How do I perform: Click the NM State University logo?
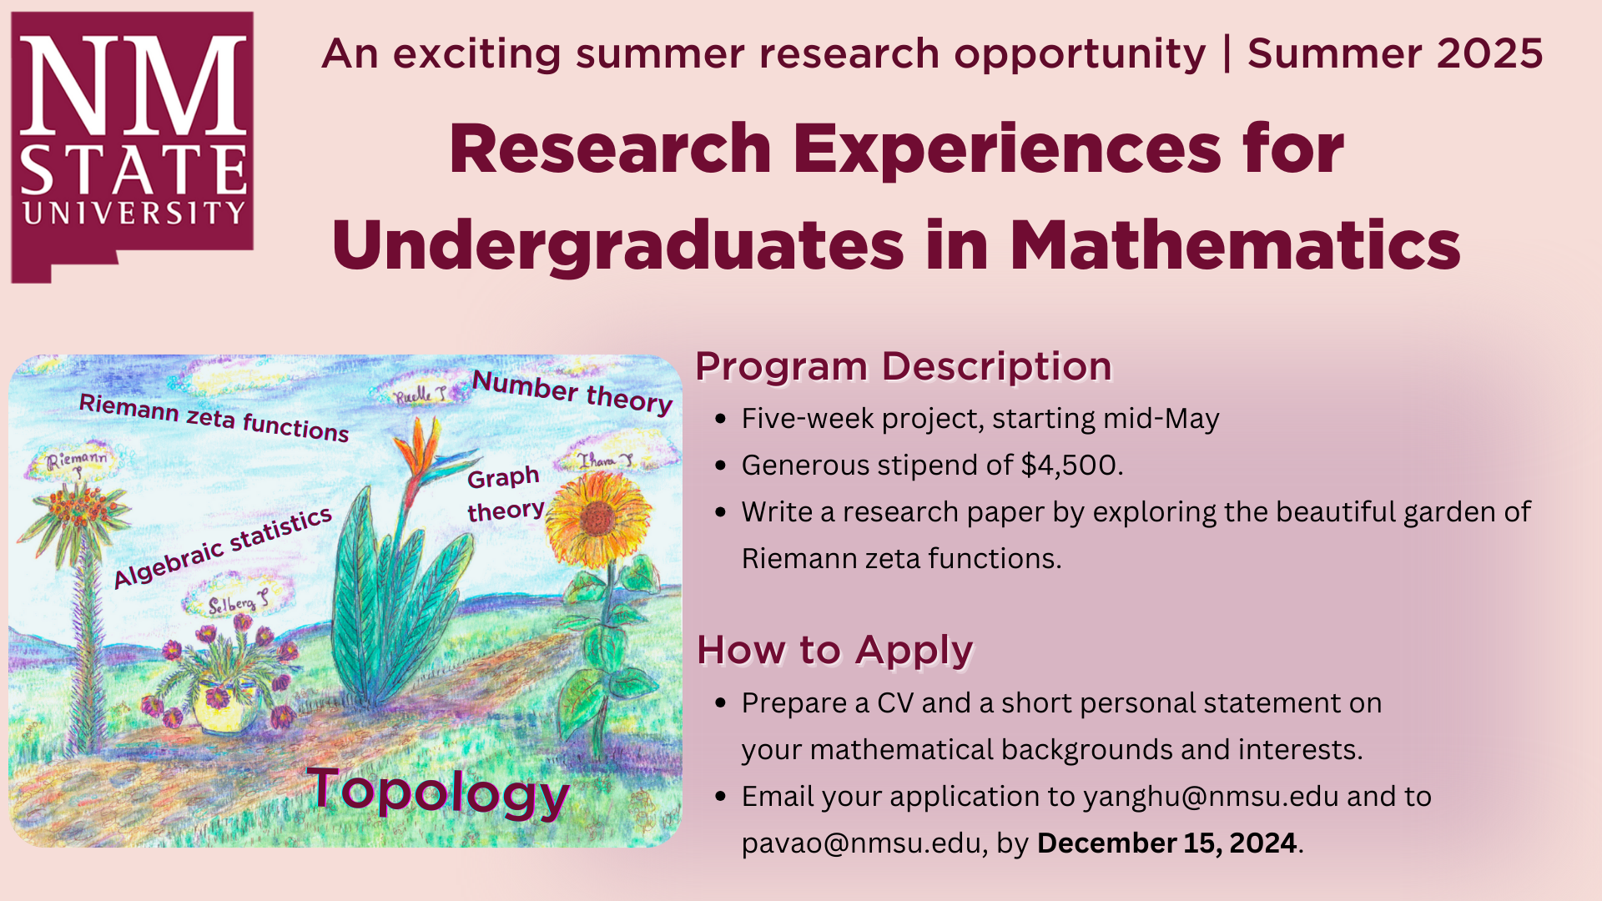tap(132, 147)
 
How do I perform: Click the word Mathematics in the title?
tap(1235, 245)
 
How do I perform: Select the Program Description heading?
tap(904, 367)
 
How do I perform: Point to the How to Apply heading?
tap(835, 651)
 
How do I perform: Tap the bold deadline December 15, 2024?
tap(1166, 843)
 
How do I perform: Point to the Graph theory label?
tap(506, 494)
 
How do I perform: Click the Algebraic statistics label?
tap(223, 547)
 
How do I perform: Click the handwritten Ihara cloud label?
tap(606, 460)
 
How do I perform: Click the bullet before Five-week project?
tap(721, 419)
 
